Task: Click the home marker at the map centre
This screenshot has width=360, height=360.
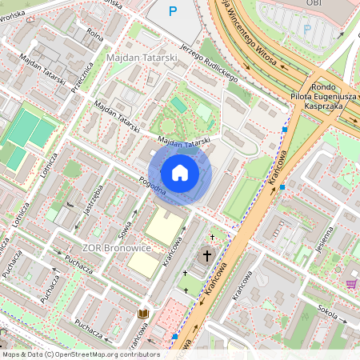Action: point(180,173)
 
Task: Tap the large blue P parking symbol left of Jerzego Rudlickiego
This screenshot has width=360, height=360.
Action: point(173,11)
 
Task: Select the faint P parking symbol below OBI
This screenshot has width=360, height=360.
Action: point(306,29)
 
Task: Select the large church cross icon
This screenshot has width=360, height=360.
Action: point(207,256)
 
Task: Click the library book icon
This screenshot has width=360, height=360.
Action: point(144,314)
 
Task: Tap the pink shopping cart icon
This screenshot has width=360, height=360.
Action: point(351,283)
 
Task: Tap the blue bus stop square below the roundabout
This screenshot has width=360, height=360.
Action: point(286,130)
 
